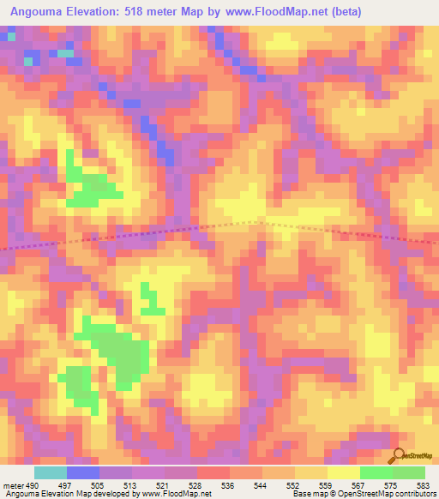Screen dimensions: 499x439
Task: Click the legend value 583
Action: click(x=423, y=484)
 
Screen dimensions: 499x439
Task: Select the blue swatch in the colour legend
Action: click(x=82, y=472)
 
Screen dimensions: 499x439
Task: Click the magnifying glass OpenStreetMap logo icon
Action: click(x=398, y=455)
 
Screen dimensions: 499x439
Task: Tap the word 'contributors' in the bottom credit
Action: click(x=412, y=494)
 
